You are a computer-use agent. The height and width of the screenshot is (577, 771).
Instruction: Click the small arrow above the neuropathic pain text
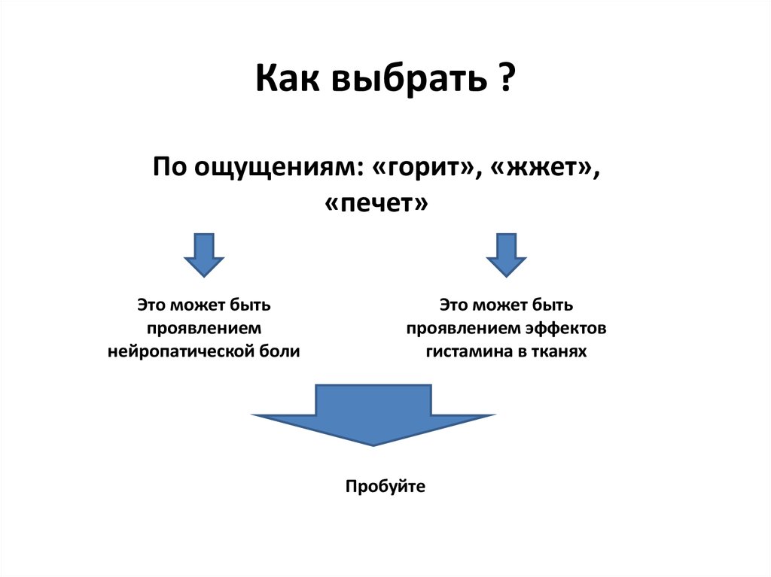[x=203, y=255]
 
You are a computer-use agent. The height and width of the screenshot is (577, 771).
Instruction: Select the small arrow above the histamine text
[x=506, y=255]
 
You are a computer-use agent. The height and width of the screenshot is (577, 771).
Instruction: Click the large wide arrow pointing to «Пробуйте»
[x=373, y=415]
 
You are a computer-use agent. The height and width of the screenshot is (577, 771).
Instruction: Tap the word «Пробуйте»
[x=385, y=486]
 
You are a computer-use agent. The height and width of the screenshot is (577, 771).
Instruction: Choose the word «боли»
[x=282, y=351]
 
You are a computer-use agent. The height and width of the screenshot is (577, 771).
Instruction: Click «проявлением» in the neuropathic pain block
[x=203, y=329]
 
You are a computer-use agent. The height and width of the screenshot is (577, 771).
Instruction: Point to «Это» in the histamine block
[x=454, y=306]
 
